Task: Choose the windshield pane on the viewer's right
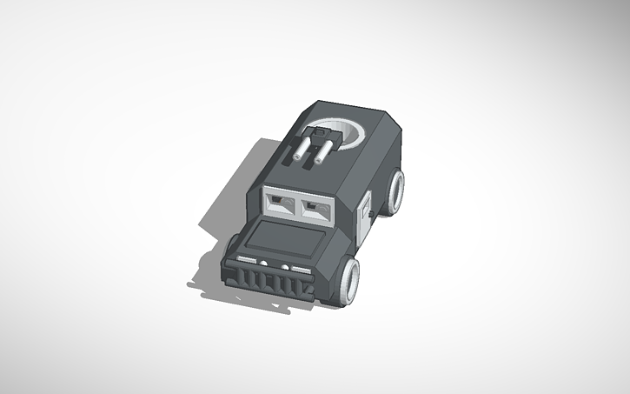tap(316, 210)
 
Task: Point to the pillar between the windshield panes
tap(298, 206)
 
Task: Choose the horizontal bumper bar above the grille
tap(271, 263)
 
